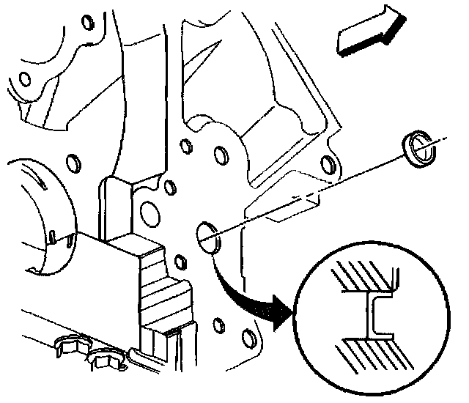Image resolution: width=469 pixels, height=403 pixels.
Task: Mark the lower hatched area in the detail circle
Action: (x=366, y=352)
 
